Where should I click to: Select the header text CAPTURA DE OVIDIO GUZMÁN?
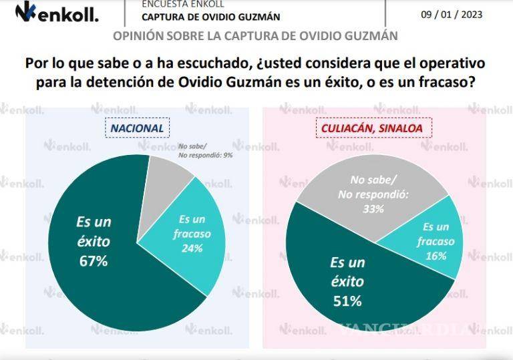[x=210, y=17]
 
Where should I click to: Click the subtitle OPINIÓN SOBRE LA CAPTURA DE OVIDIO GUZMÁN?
[x=255, y=35]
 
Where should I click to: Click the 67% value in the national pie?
[x=94, y=261]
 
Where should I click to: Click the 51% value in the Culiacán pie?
[x=347, y=301]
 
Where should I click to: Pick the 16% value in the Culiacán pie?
[x=437, y=255]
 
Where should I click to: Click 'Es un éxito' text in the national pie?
[x=94, y=232]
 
